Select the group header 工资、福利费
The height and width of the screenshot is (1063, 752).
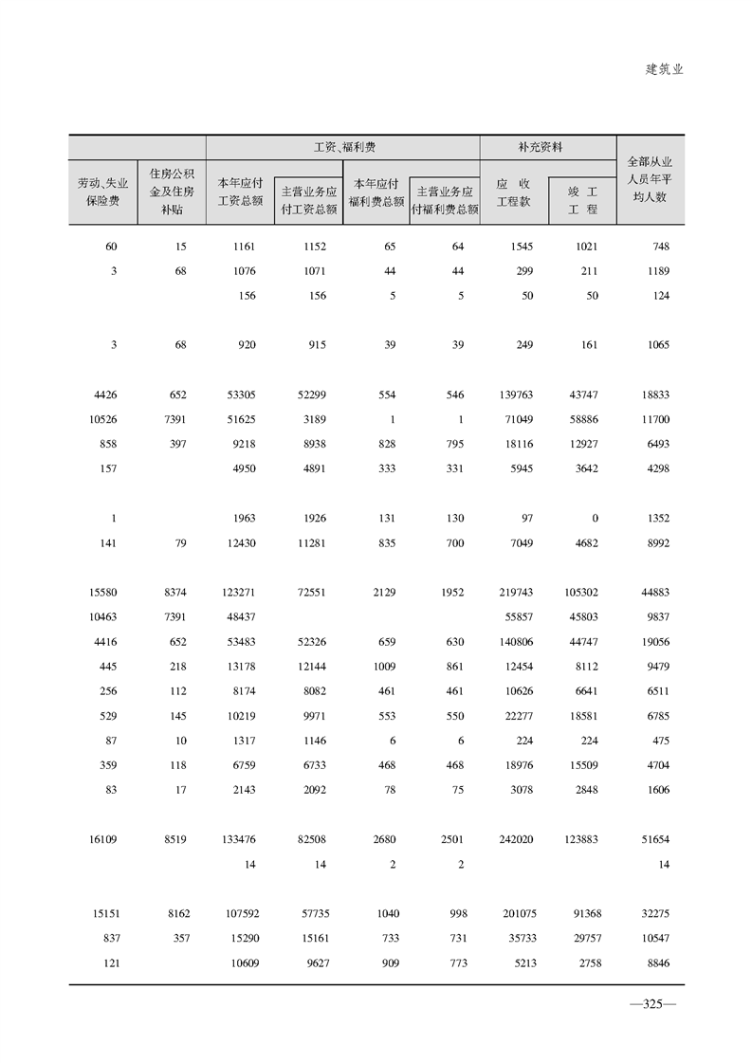(x=342, y=148)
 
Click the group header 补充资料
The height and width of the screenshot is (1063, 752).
(x=547, y=148)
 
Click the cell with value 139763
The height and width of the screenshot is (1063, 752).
(x=516, y=394)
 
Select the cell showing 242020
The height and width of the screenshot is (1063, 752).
(x=516, y=839)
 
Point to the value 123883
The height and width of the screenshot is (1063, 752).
(x=583, y=839)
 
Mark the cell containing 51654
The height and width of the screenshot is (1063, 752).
(x=651, y=839)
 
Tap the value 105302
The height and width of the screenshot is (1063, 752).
(x=583, y=592)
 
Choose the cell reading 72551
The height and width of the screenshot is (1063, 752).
(x=310, y=592)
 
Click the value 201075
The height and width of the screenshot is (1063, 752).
(x=516, y=913)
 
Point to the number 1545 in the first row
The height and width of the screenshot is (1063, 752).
(x=520, y=247)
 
